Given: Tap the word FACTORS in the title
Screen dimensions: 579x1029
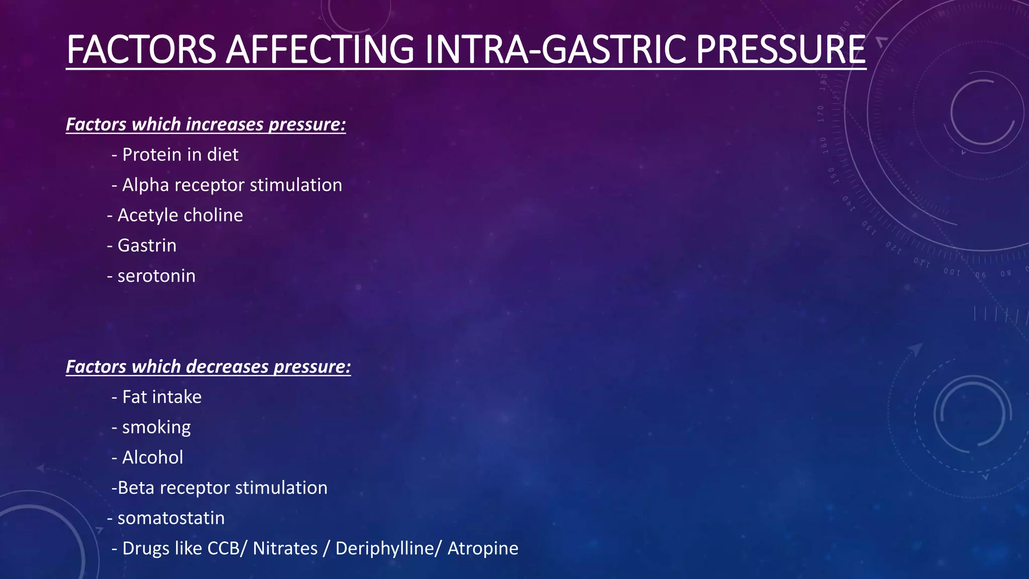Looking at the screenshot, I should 141,49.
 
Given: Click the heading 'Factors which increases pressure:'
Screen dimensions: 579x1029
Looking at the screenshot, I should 206,124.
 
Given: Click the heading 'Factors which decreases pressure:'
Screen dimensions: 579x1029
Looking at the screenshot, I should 208,366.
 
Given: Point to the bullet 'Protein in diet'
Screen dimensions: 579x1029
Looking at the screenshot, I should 180,154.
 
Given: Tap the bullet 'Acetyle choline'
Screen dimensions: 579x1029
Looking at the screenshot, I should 180,215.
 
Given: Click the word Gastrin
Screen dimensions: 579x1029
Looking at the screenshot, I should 147,245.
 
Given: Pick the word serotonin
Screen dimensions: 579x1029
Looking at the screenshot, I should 156,276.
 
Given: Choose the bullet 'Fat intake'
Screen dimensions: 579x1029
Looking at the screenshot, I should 161,397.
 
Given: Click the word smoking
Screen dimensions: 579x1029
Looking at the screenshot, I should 156,427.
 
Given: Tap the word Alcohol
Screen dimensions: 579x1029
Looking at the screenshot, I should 153,457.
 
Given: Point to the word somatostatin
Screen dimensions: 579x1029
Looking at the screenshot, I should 171,518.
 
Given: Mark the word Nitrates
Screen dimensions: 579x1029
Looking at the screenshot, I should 285,548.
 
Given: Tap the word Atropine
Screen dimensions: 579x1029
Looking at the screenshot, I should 483,548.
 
